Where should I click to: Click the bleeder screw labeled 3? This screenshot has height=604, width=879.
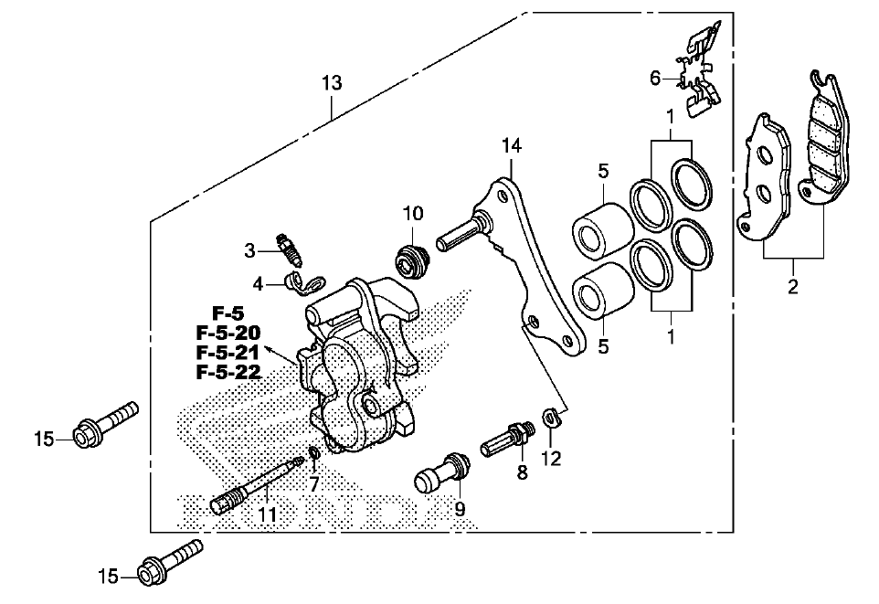click(x=290, y=250)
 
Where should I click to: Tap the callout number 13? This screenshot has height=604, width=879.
click(x=332, y=83)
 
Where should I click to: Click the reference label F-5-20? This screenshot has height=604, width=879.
click(x=228, y=334)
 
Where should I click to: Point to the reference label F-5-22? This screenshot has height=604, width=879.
click(x=228, y=372)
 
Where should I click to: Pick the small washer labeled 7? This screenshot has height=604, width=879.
click(x=315, y=452)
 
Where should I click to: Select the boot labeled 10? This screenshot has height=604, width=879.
click(x=411, y=260)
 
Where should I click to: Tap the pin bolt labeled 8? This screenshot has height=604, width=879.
click(x=507, y=440)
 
